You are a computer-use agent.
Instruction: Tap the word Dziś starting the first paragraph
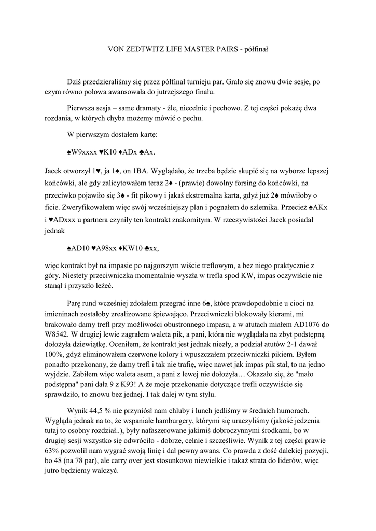tap(75, 82)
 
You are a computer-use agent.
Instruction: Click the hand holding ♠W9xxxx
tap(84, 152)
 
